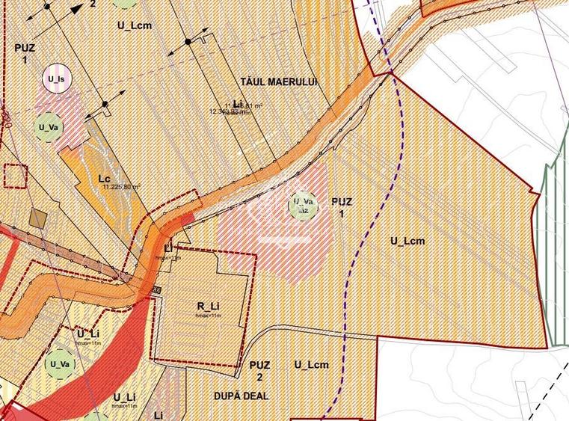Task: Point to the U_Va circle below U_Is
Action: click(x=48, y=127)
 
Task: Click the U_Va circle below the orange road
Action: click(x=59, y=365)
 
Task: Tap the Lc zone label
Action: click(x=105, y=179)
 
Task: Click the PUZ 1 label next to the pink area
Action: click(x=342, y=207)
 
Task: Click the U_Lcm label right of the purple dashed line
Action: click(x=407, y=241)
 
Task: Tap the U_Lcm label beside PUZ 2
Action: click(x=311, y=365)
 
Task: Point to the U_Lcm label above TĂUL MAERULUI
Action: click(x=135, y=25)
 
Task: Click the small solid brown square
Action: click(x=38, y=218)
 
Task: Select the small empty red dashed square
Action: click(x=15, y=176)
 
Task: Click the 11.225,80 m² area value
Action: click(x=121, y=187)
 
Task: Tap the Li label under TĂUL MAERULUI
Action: click(x=238, y=103)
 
